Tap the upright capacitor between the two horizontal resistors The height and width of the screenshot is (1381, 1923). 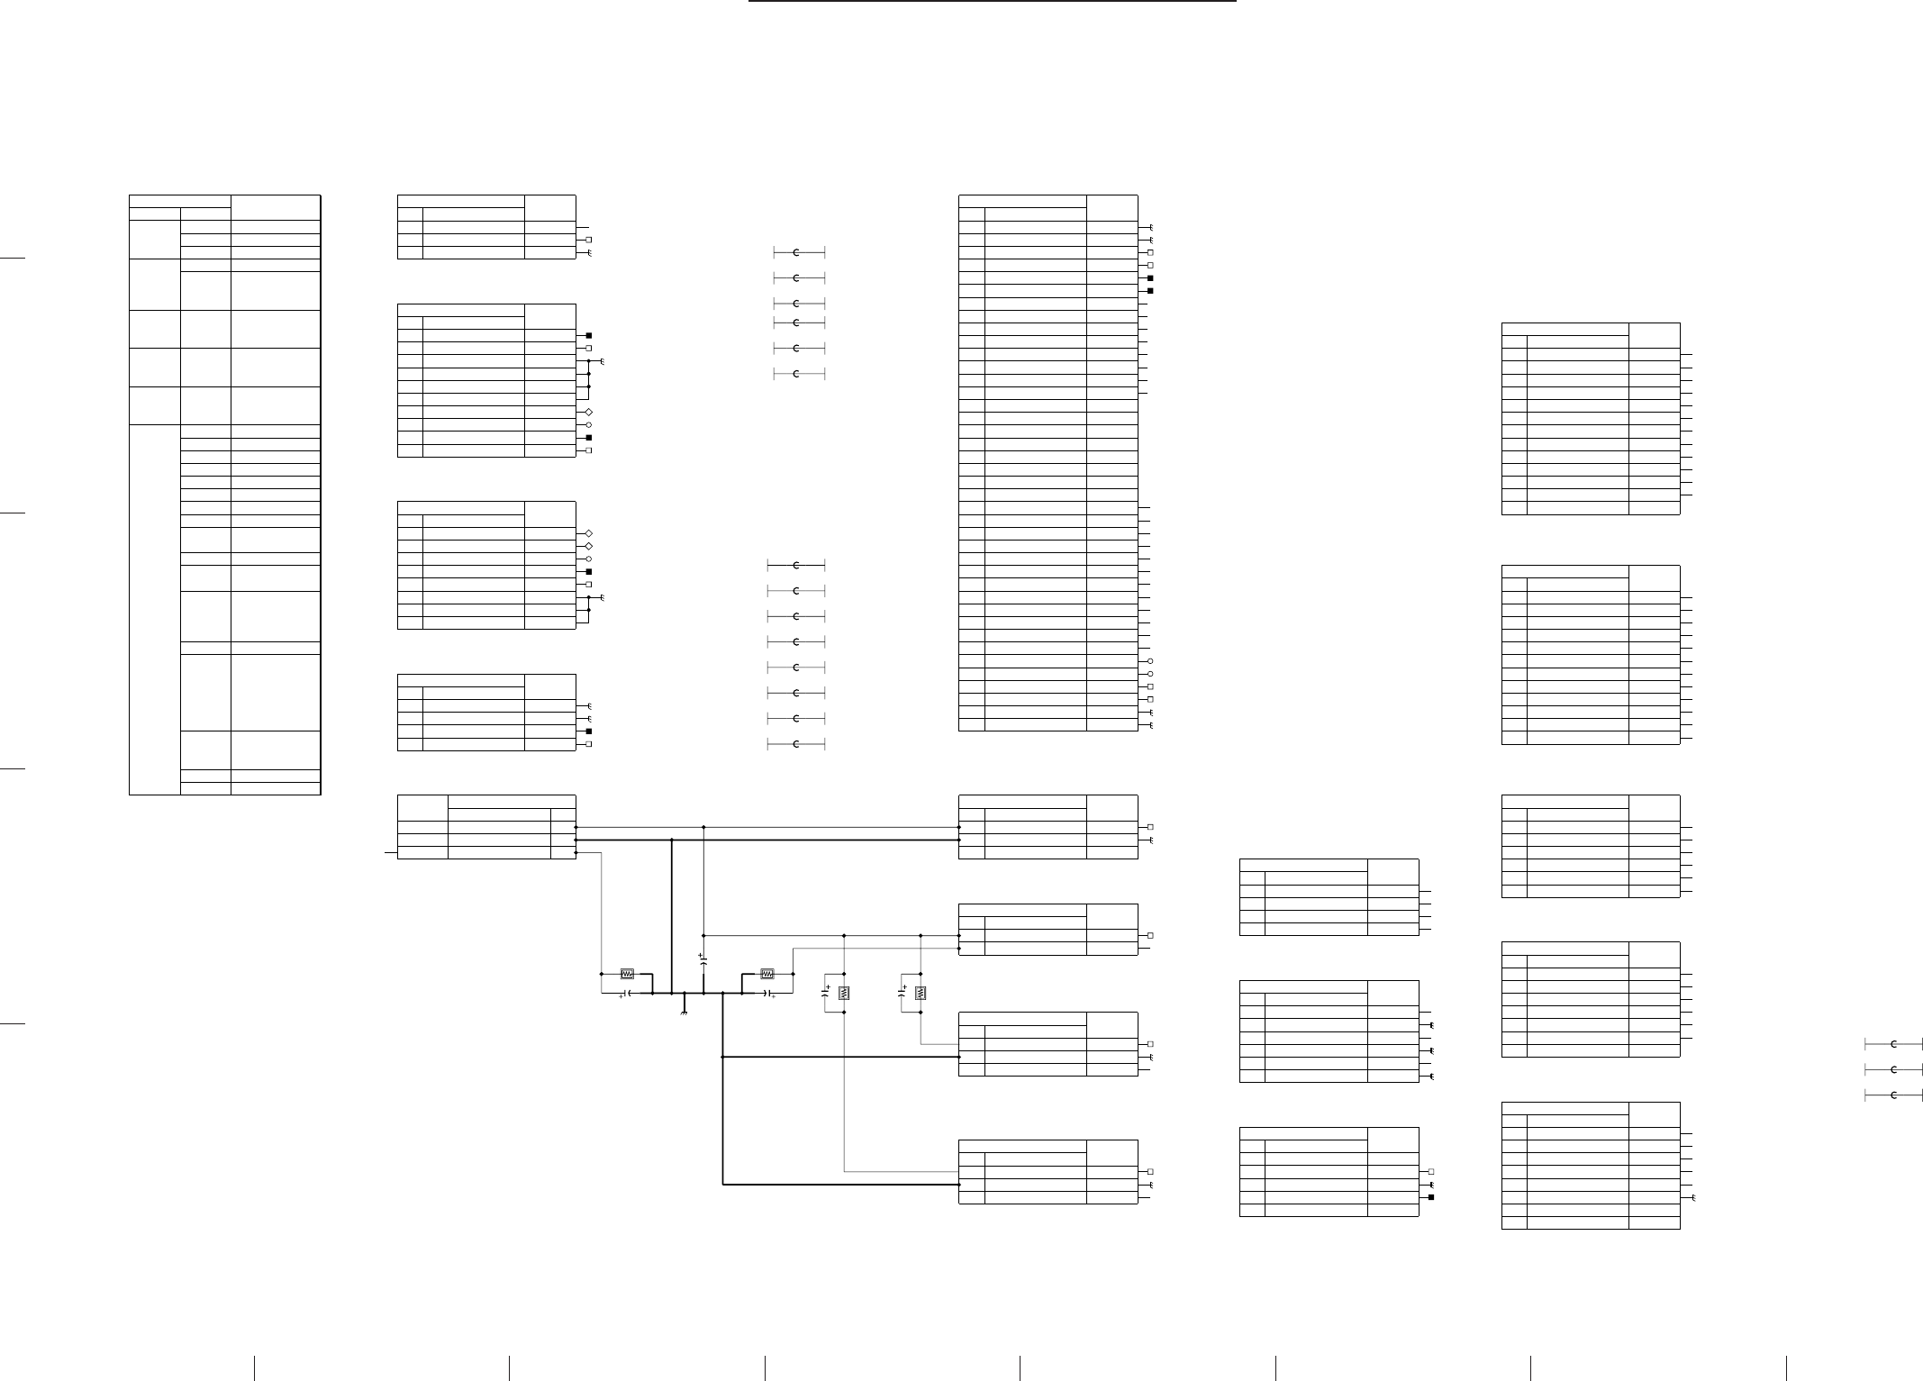pos(703,962)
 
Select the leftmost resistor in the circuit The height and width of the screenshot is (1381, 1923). pos(628,974)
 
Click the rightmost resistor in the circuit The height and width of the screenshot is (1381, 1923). pos(921,993)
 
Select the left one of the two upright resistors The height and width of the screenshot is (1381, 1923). pos(844,993)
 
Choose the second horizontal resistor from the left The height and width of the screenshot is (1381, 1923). pos(767,974)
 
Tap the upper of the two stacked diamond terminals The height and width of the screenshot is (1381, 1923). pos(589,533)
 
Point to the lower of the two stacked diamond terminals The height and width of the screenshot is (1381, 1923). pos(589,546)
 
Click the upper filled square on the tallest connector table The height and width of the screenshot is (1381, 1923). pos(1150,278)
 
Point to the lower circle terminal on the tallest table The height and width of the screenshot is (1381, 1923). pos(1150,674)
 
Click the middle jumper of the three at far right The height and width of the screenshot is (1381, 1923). pos(1893,1069)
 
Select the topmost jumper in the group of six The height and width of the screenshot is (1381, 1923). pos(797,251)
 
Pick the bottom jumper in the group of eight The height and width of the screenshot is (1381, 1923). pos(797,745)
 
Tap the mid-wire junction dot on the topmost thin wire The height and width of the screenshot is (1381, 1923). pos(703,827)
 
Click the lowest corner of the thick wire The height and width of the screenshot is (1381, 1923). pos(723,1185)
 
